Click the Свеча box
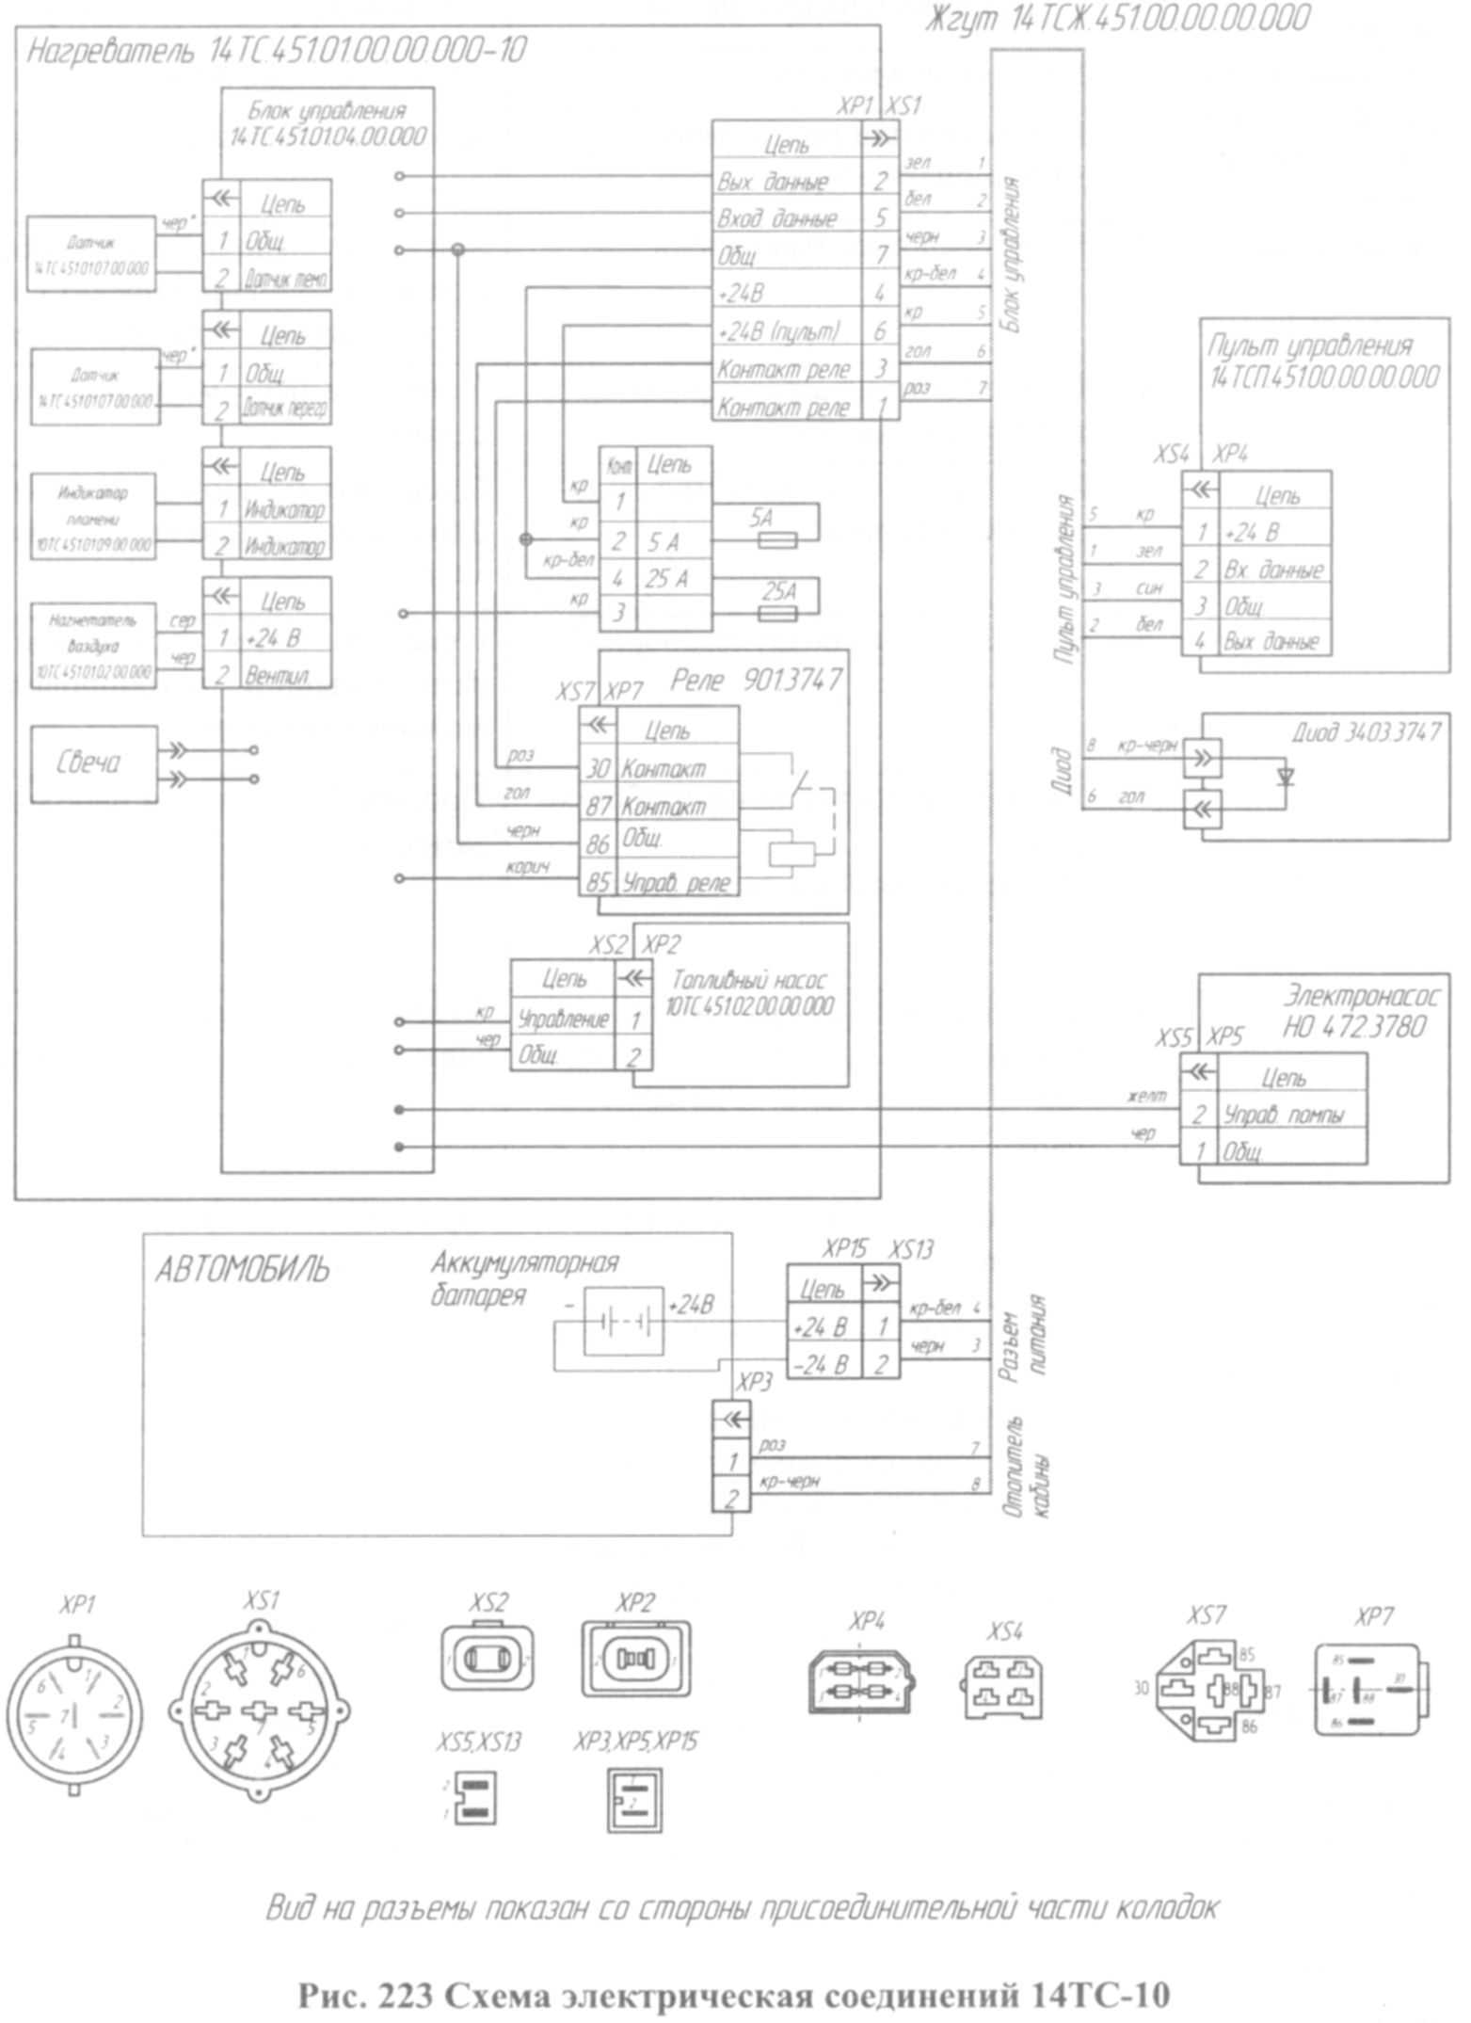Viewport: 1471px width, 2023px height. click(x=94, y=763)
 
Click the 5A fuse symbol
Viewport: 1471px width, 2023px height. click(x=777, y=540)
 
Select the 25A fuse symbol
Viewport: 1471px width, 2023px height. click(x=777, y=614)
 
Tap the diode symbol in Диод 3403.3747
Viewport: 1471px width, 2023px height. click(x=1286, y=777)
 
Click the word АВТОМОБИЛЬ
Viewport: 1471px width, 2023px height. click(x=242, y=1270)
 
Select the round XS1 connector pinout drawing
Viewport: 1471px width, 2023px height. click(x=260, y=1710)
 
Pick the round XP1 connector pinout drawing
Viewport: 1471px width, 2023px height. click(x=75, y=1715)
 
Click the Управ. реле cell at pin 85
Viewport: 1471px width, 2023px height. click(x=676, y=883)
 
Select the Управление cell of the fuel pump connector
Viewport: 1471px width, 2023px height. click(x=563, y=1019)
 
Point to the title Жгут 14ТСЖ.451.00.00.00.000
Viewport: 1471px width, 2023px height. click(x=1116, y=18)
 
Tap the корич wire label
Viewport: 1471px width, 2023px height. click(x=527, y=867)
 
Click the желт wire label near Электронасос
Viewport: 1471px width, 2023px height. click(x=1146, y=1096)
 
